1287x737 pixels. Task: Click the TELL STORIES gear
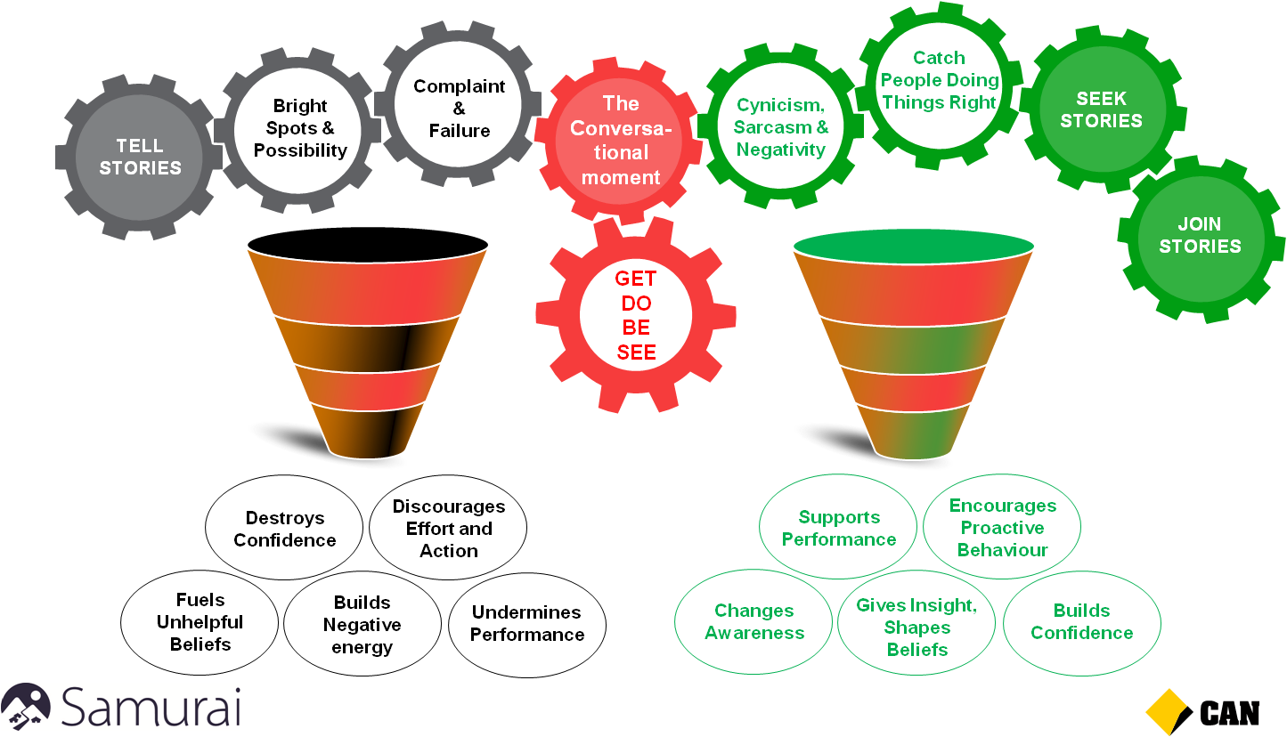point(140,158)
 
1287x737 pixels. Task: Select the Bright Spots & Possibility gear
point(300,129)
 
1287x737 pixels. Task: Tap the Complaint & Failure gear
point(459,109)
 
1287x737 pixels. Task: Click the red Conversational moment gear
point(621,140)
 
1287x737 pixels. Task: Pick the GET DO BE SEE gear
point(636,316)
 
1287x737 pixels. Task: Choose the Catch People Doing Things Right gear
point(940,81)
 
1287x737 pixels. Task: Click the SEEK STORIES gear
point(1101,109)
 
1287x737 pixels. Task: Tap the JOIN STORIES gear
point(1200,236)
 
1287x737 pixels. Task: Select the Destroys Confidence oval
point(284,530)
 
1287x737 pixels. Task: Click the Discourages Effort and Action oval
point(448,529)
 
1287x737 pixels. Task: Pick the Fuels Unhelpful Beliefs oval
point(200,622)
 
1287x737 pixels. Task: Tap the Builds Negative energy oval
point(362,625)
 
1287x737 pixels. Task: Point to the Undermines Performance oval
point(527,624)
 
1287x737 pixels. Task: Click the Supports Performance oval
point(838,529)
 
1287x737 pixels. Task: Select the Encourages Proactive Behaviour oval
point(1002,528)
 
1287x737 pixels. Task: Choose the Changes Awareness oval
point(753,622)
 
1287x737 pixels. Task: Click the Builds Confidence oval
point(1081,622)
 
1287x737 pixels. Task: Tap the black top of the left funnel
point(367,243)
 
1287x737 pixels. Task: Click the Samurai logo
point(121,707)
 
